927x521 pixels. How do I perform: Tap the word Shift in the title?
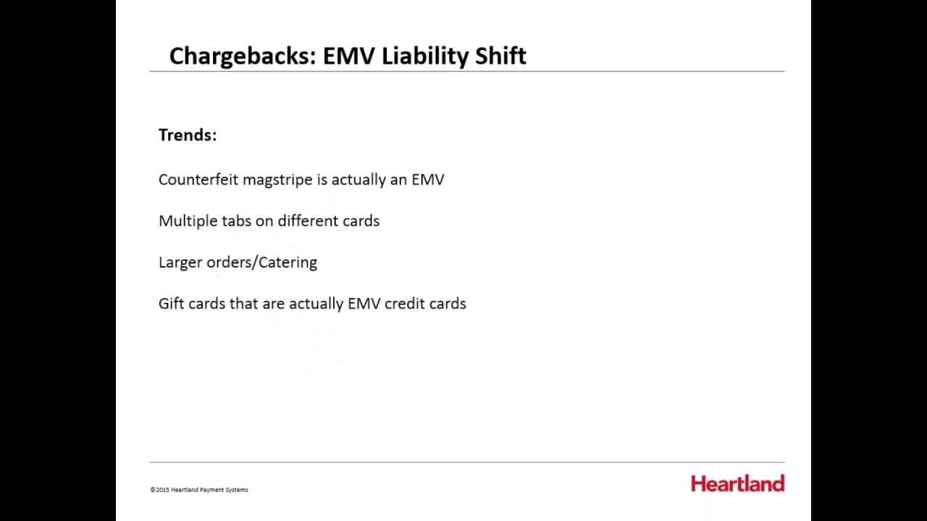[x=500, y=56]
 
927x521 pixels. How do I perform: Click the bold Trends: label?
[x=188, y=135]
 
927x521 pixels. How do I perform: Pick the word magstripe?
[x=277, y=180]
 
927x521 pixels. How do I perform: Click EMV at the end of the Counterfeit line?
[x=428, y=179]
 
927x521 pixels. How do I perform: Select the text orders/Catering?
[x=262, y=263]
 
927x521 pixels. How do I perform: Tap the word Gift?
[x=172, y=303]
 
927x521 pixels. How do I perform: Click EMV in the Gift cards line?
[x=364, y=303]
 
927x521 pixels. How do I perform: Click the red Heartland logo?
[x=737, y=483]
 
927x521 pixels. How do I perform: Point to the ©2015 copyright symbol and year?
[x=160, y=490]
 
